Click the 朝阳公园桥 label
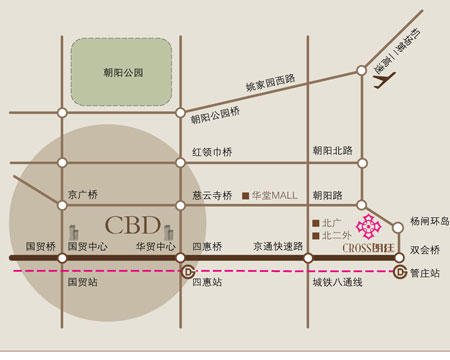(217, 119)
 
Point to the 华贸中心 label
(154, 246)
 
